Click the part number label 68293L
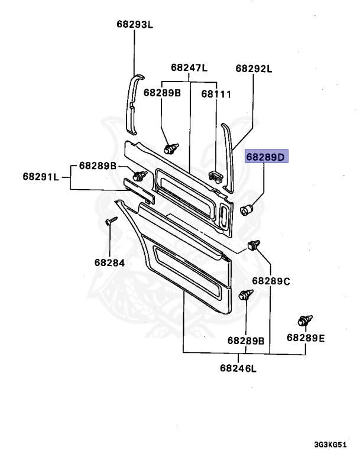click(134, 25)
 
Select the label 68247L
click(190, 68)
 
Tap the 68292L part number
click(254, 69)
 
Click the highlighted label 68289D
click(266, 157)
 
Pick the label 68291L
click(41, 176)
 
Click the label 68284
click(109, 262)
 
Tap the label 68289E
click(306, 338)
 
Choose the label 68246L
click(239, 368)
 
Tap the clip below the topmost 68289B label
click(171, 147)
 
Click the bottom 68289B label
click(245, 341)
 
